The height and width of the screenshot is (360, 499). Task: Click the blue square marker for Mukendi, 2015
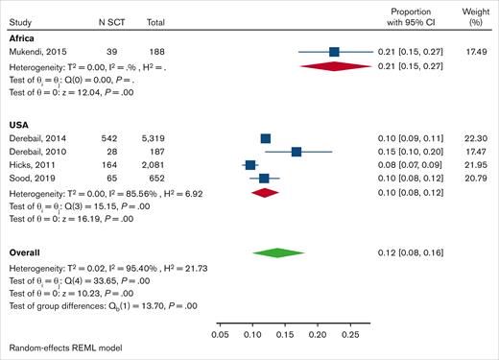[x=334, y=52]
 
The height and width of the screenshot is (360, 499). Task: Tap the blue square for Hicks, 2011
[x=250, y=165]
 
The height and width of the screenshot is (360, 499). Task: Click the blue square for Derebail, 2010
[x=297, y=152]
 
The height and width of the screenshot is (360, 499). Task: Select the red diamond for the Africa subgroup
[x=334, y=65]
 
